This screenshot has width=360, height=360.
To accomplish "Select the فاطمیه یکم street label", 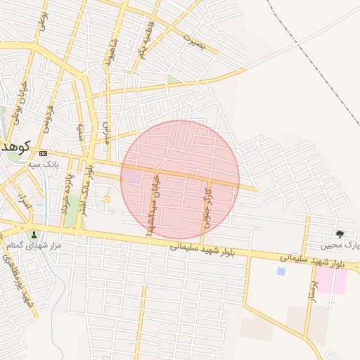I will pyautogui.click(x=144, y=43).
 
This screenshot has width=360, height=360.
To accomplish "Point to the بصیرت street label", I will pyautogui.click(x=193, y=41).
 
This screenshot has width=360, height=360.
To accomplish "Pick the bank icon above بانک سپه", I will pyautogui.click(x=44, y=153).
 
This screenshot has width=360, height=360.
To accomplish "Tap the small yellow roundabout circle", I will pyautogui.click(x=106, y=200).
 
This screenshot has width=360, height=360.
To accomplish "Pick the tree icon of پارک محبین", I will pyautogui.click(x=340, y=233).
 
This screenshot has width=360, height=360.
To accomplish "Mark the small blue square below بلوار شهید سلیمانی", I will pyautogui.click(x=281, y=271).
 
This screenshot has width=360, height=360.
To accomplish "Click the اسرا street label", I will pyautogui.click(x=25, y=202).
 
